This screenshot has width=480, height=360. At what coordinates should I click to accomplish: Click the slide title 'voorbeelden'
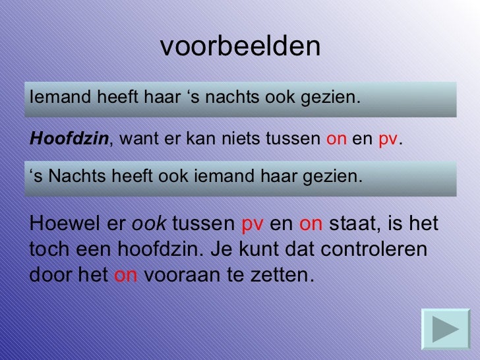pos(240,46)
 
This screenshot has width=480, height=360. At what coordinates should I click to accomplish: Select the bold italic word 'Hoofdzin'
pos(69,139)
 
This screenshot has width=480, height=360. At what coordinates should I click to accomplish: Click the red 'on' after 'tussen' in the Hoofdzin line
pos(336,139)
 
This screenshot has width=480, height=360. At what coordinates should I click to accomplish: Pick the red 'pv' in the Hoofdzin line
pos(388,140)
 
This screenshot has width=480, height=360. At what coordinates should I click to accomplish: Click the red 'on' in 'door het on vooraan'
pos(125,274)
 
